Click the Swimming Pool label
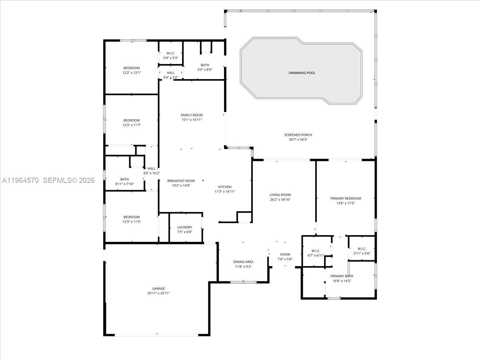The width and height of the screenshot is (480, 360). (302, 73)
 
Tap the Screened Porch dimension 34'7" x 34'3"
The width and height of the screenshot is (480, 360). (298, 140)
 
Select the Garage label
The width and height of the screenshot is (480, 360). (158, 288)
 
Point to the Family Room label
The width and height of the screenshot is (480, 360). (192, 115)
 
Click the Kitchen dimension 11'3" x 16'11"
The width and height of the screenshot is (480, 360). (224, 192)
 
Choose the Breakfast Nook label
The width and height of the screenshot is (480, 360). (181, 181)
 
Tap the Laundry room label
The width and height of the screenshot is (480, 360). (185, 227)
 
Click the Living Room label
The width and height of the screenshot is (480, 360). (280, 195)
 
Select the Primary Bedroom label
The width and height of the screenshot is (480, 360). (346, 198)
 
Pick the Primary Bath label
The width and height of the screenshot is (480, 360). (342, 276)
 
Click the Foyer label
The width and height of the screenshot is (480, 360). (285, 254)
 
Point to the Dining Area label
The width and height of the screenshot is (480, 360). (243, 262)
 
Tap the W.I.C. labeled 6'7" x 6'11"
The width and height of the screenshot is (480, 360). (316, 251)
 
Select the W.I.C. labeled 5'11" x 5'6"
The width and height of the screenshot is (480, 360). (362, 248)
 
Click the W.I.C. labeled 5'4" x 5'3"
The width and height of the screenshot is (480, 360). (171, 53)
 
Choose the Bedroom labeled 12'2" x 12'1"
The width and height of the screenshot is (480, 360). (132, 68)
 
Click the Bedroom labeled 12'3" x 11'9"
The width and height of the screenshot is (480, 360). (132, 217)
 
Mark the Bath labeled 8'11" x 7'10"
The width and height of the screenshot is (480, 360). (124, 179)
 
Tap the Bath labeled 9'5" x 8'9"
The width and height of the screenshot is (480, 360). (205, 65)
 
